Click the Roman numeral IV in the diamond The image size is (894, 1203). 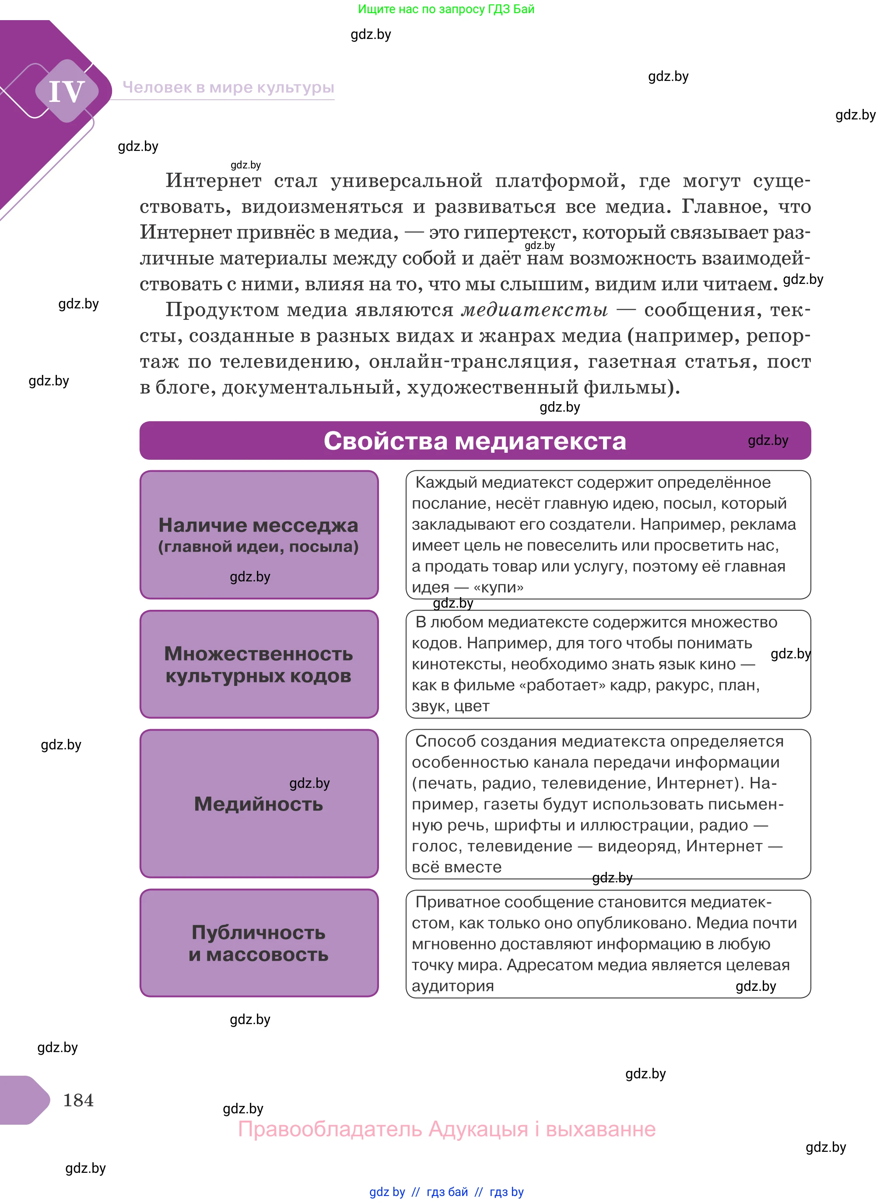pos(67,91)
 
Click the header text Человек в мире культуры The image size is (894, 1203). pos(228,87)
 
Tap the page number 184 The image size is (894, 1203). pos(78,1100)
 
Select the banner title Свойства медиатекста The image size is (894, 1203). pos(475,441)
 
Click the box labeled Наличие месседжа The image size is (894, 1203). pos(259,535)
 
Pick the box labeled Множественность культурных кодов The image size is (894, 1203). pos(259,664)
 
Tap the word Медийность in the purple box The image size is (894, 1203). pos(259,804)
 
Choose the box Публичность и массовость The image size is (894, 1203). pos(259,943)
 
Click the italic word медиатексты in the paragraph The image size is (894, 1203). pos(535,310)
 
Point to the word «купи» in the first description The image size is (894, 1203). pos(498,588)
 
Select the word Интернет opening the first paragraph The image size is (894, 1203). pos(213,181)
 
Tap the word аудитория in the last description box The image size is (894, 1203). pos(452,986)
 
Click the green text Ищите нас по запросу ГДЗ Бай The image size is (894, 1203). pos(446,9)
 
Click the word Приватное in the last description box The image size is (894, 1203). pos(454,902)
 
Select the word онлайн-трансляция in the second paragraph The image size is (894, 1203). pos(470,361)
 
